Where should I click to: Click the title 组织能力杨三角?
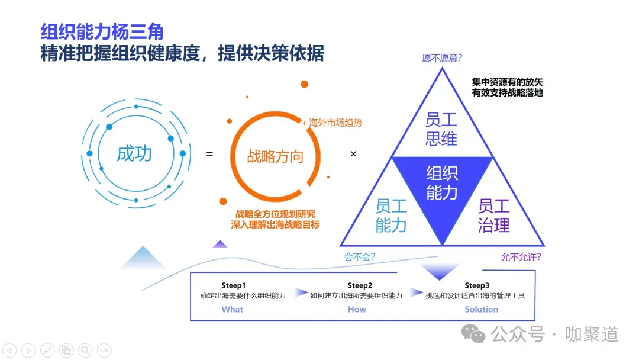tap(102, 32)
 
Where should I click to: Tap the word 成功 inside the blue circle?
tap(134, 153)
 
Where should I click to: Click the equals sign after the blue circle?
tap(209, 154)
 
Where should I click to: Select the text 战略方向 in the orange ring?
tap(275, 156)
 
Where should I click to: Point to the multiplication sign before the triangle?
tap(354, 154)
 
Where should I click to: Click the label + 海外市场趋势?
tap(332, 123)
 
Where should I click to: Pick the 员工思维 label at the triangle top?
tap(441, 128)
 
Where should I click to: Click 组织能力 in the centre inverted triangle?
tap(442, 182)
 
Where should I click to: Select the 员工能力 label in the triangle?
tap(391, 215)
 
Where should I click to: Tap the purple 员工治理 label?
tap(493, 215)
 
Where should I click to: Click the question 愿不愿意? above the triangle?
tap(442, 58)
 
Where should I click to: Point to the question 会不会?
tap(360, 257)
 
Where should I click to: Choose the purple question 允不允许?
tap(521, 257)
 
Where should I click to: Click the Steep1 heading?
tap(233, 285)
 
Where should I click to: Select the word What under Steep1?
tap(233, 309)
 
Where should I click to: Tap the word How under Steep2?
tap(357, 309)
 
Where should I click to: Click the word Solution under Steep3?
tap(482, 309)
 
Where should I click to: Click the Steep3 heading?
tap(477, 285)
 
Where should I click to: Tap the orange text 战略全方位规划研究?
tap(276, 214)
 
